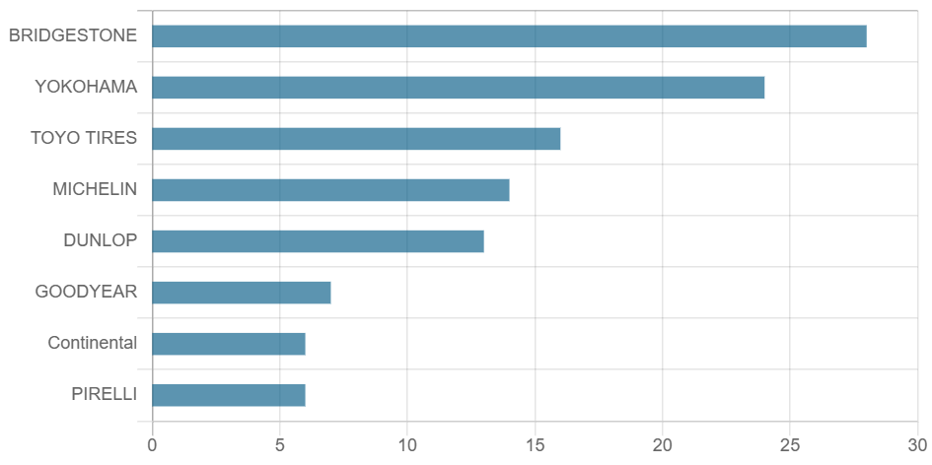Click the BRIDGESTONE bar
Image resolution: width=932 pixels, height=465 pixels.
pos(509,36)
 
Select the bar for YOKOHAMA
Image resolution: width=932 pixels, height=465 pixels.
pos(459,88)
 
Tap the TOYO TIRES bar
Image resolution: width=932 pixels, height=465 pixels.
pos(356,139)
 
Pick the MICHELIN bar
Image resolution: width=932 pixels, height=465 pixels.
pos(330,190)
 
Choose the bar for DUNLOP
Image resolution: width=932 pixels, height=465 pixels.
pos(318,241)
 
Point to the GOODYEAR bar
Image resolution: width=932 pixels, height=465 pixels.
pos(242,293)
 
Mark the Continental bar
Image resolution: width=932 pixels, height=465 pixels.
pos(229,344)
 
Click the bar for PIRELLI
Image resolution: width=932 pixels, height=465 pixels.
pos(229,395)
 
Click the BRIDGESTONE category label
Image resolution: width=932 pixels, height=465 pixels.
pos(73,35)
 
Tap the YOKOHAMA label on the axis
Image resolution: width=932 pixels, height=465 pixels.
pos(86,87)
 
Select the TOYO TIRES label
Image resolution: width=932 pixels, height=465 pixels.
pos(84,138)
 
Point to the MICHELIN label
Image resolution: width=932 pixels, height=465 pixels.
pos(95,189)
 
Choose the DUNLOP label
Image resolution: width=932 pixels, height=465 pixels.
pos(100,240)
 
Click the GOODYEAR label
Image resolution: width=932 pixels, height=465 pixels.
pos(86,292)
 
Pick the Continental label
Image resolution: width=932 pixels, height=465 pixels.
pos(93,343)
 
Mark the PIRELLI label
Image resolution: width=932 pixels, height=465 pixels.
pos(104,394)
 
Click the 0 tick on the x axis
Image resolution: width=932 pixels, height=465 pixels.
pos(152,445)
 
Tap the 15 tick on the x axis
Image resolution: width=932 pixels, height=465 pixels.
pos(535,445)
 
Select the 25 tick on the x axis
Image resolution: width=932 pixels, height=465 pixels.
pos(790,445)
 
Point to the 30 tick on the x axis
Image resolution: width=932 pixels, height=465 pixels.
pos(917,445)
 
